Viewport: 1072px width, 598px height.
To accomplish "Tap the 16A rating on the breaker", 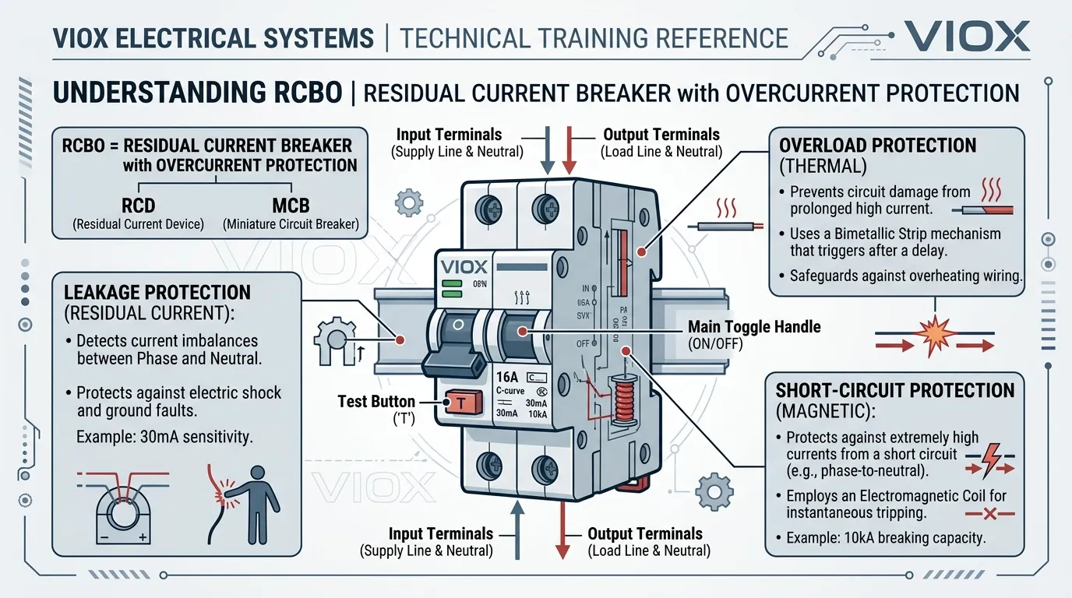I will coord(507,378).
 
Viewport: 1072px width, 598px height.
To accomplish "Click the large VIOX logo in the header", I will coord(967,37).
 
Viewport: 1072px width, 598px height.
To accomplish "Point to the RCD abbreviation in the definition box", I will coord(138,206).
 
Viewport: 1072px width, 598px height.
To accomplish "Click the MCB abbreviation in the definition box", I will coord(291,206).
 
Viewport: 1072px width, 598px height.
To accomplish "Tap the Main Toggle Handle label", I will coord(753,327).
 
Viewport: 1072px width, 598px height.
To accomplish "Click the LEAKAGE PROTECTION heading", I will coord(157,293).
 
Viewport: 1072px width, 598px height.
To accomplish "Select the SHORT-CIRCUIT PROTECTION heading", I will coord(895,390).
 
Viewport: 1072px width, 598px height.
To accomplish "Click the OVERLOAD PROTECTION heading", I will coord(877,146).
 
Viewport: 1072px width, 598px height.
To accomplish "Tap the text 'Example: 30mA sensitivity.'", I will coord(164,438).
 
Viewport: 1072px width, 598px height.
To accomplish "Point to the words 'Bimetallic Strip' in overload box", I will coord(889,234).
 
